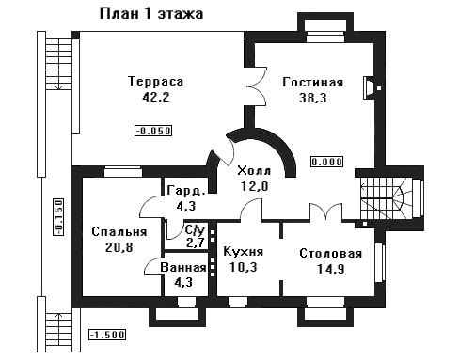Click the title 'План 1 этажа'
[x=151, y=14]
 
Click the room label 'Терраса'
[x=156, y=82]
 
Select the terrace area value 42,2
[x=156, y=97]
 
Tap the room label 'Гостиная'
[x=313, y=83]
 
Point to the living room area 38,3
[x=313, y=98]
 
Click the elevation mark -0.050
[x=153, y=131]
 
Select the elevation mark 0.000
[x=326, y=162]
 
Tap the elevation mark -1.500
[x=107, y=335]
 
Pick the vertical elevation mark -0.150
[x=58, y=216]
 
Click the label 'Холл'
[x=254, y=171]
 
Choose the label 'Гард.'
[x=186, y=191]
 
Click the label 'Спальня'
[x=119, y=232]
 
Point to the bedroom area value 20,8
[x=119, y=247]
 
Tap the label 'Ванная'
[x=183, y=268]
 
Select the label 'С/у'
[x=195, y=230]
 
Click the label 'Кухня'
[x=244, y=252]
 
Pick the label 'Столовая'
[x=331, y=253]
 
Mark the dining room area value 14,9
[x=331, y=269]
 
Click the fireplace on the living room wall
[x=368, y=87]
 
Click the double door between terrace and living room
[x=257, y=86]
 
